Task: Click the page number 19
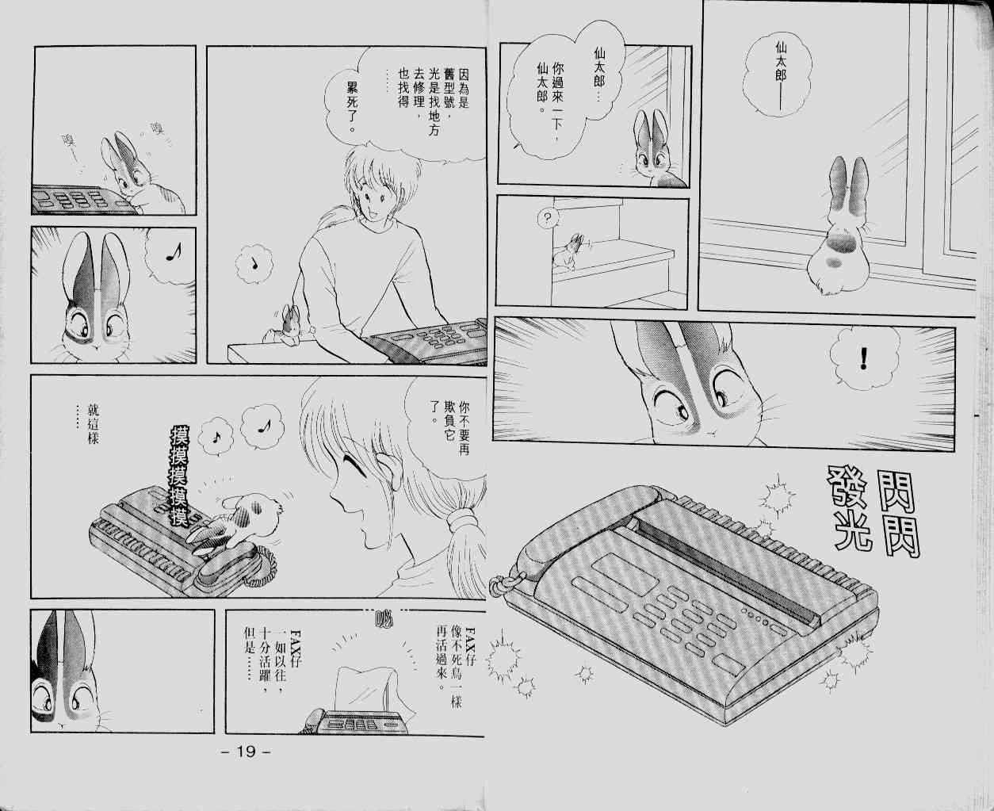(x=246, y=751)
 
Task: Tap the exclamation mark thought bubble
(x=864, y=358)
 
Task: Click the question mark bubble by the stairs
(x=547, y=218)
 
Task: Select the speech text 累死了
(x=352, y=106)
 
